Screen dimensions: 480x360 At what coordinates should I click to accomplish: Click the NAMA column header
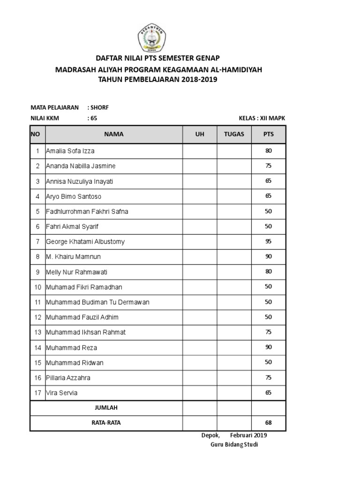(x=114, y=134)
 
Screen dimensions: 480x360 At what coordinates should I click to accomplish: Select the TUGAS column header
(x=234, y=134)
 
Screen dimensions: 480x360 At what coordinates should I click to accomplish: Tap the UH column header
(x=200, y=134)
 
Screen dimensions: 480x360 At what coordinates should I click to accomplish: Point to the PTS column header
(x=269, y=134)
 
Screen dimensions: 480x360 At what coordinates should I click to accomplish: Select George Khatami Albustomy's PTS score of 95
(x=269, y=241)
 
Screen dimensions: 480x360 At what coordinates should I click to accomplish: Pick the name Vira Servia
(x=62, y=393)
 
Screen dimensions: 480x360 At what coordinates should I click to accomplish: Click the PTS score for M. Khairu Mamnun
(x=269, y=256)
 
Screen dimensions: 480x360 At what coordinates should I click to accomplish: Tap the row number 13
(x=37, y=332)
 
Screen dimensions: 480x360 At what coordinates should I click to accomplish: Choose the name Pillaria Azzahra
(x=68, y=378)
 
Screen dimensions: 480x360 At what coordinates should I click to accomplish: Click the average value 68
(x=269, y=423)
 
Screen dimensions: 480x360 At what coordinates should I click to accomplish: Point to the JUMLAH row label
(x=106, y=408)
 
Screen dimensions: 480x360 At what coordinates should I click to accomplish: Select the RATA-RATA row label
(x=106, y=423)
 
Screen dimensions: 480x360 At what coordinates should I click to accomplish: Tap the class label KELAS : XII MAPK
(x=262, y=119)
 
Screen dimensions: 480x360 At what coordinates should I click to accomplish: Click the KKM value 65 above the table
(x=94, y=119)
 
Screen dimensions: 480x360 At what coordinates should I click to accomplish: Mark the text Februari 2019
(x=248, y=435)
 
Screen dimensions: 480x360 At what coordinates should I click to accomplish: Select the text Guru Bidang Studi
(x=234, y=444)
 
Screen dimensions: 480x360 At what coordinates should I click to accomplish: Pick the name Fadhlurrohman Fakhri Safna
(x=87, y=211)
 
